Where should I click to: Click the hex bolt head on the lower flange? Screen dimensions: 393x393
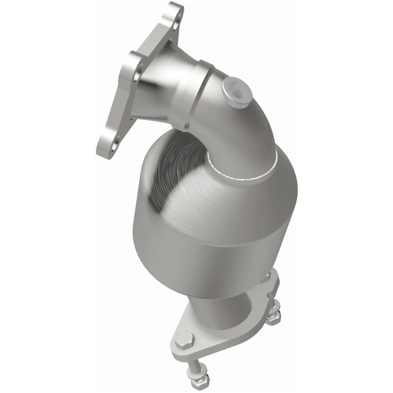coord(183,338)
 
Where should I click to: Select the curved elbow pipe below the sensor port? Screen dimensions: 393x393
coord(255,128)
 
